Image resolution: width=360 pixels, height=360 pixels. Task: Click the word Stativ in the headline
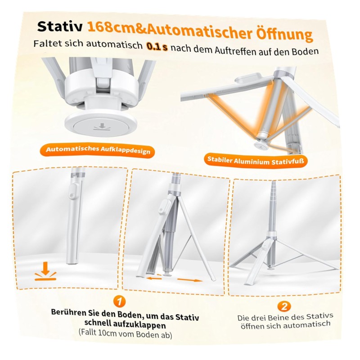point(60,26)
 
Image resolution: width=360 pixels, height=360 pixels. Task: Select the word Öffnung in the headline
point(284,35)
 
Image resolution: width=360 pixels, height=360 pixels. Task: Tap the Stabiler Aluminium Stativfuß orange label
point(256,161)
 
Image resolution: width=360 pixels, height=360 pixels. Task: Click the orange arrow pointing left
point(154,279)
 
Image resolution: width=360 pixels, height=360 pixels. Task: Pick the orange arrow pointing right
point(190,280)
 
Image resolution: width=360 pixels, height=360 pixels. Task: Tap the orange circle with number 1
point(120,301)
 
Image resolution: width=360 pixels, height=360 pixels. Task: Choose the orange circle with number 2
point(284,306)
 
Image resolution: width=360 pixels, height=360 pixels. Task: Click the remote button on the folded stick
point(72,196)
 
